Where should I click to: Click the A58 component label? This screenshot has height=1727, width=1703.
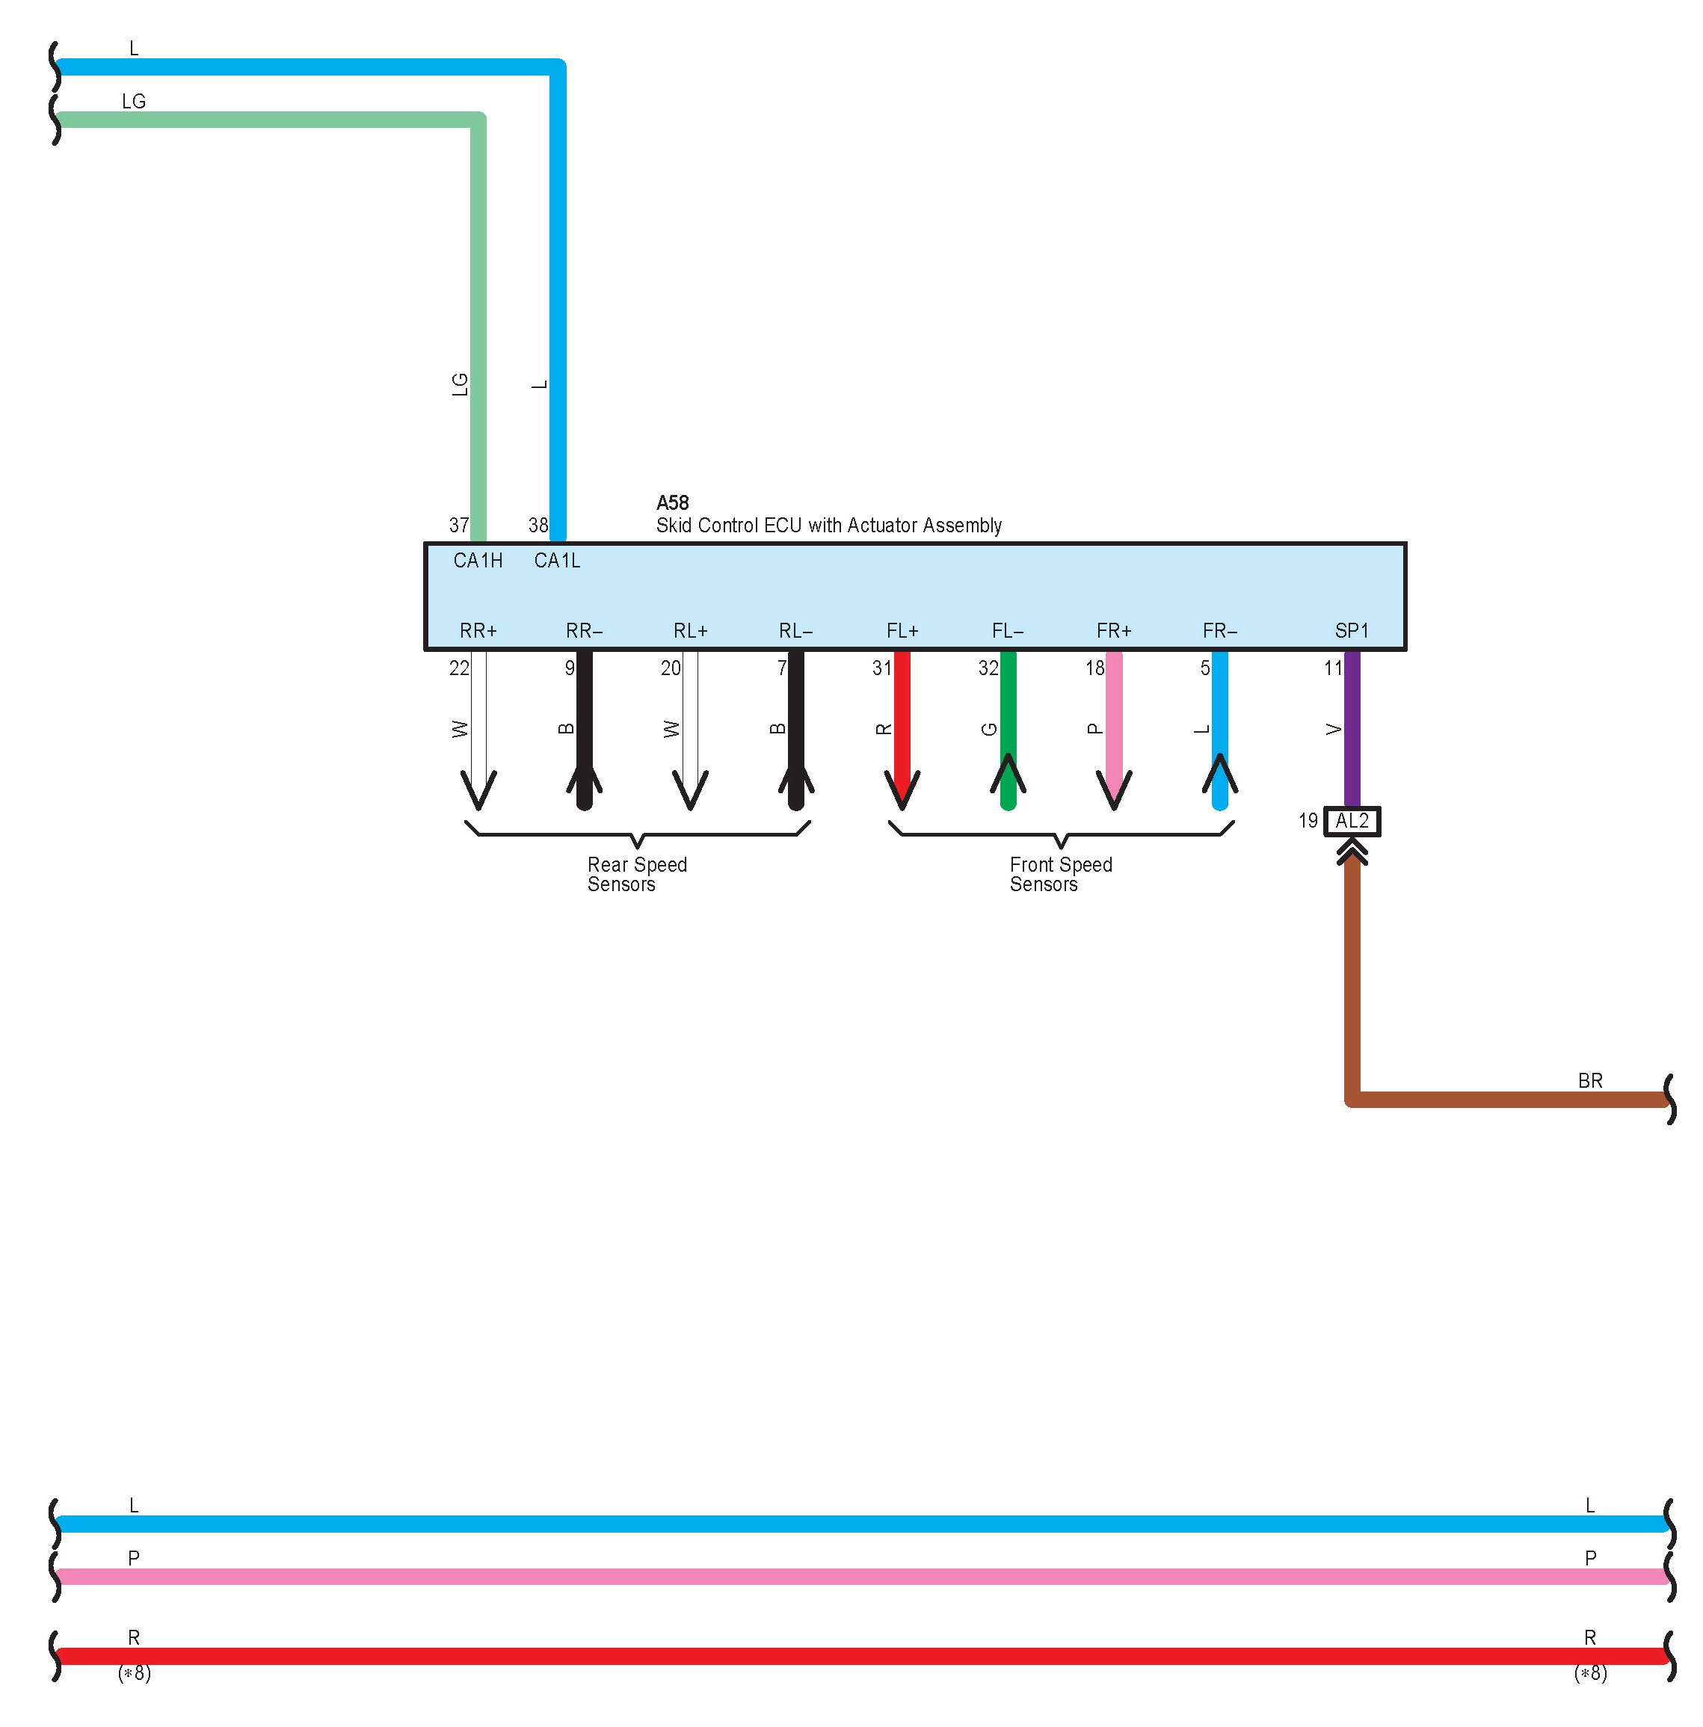pos(671,502)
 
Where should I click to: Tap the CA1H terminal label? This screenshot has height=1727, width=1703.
pos(478,561)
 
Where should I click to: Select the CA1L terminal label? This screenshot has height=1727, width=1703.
pos(557,561)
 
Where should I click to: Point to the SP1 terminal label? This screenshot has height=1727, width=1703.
pos(1351,631)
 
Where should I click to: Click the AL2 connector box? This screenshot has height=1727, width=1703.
pos(1352,821)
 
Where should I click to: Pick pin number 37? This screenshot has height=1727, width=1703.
pos(458,526)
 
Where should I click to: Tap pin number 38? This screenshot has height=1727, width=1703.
pos(538,526)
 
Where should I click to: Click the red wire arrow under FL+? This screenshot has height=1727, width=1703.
pos(902,786)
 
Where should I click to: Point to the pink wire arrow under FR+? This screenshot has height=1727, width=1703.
pos(1114,786)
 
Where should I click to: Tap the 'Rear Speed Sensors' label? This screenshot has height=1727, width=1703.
pos(636,874)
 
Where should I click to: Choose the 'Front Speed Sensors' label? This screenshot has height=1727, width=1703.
pos(1060,874)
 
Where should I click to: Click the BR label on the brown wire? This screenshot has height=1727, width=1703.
pos(1589,1081)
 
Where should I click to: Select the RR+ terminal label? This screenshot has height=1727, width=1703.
pos(478,631)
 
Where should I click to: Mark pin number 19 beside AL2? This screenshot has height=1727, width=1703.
pos(1308,821)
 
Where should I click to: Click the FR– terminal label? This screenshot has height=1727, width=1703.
pos(1219,631)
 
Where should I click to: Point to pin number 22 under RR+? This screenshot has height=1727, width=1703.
pos(458,668)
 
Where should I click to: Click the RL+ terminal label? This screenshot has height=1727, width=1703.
pos(690,631)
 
